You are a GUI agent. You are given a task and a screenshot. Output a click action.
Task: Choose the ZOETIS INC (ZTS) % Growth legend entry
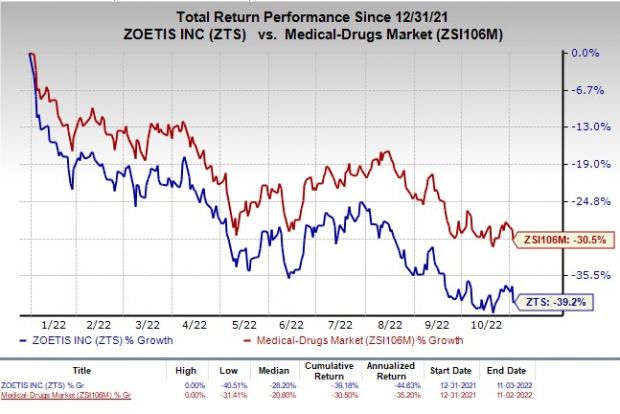110,340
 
